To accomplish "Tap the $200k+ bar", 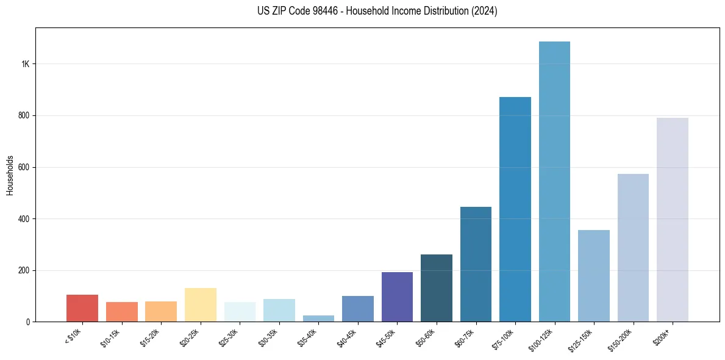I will coord(673,220).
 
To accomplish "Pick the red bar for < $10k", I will coord(82,308).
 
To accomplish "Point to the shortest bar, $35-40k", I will coord(318,319).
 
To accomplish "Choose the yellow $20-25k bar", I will coord(201,305).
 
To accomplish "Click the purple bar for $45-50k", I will coord(397,297).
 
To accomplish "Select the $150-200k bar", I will coord(633,248).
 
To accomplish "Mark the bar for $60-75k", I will coord(476,264).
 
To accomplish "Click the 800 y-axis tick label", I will coord(24,115).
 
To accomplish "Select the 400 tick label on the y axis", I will coord(24,218).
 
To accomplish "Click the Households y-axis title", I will coord(10,175).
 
